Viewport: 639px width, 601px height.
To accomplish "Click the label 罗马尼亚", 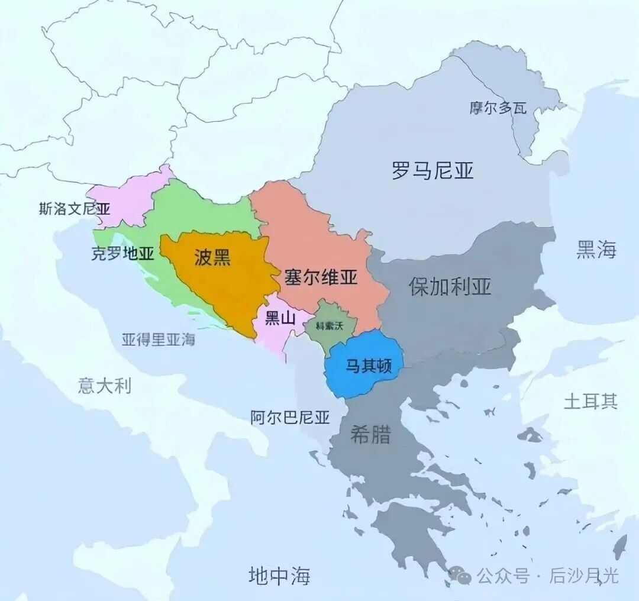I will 433,171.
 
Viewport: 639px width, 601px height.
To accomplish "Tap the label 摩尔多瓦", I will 498,108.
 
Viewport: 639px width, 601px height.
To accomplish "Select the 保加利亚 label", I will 450,286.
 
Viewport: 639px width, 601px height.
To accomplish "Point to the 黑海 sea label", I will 596,250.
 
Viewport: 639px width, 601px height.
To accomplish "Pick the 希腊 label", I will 370,435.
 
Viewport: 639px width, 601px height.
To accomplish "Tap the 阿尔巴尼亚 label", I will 289,418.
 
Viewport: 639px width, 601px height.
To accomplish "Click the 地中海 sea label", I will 279,575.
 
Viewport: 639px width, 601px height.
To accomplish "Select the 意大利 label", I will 105,386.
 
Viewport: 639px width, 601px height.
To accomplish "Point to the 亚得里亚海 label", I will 159,340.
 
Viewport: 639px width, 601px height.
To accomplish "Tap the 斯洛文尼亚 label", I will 75,208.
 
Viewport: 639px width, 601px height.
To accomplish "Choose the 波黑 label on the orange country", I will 212,258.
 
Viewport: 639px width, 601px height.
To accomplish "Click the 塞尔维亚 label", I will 321,277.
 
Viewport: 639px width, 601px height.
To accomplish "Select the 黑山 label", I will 280,318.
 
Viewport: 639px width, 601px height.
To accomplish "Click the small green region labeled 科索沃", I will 330,326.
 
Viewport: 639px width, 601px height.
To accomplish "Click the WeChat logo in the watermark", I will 460,574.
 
